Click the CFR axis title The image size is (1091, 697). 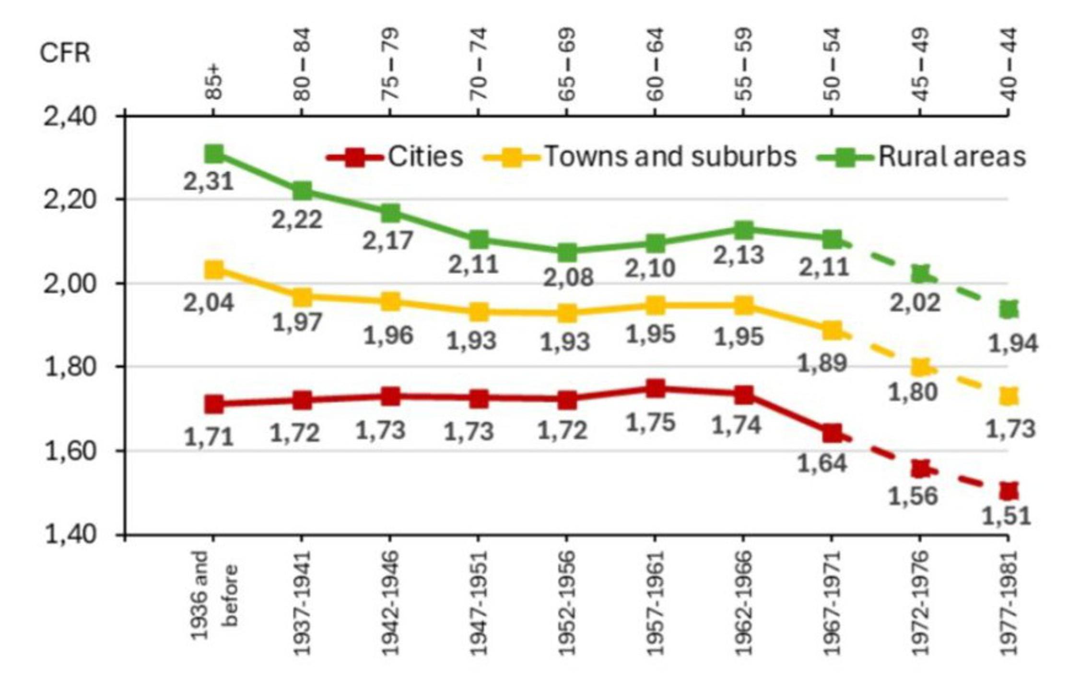tap(65, 53)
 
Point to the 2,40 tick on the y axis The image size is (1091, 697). tap(70, 116)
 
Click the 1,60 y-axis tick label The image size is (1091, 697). tap(70, 451)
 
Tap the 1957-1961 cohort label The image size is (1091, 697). tap(655, 603)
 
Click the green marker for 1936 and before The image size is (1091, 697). tap(214, 154)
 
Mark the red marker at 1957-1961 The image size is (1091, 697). tap(656, 388)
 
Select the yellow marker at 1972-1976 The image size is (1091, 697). tap(920, 368)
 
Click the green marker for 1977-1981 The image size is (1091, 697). tap(1009, 309)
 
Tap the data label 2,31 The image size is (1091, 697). tap(209, 182)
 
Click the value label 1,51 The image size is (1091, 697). tap(1007, 516)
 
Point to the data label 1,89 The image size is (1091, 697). tap(822, 363)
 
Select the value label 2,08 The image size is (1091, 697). tap(568, 278)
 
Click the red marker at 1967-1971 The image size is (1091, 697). tap(832, 433)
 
